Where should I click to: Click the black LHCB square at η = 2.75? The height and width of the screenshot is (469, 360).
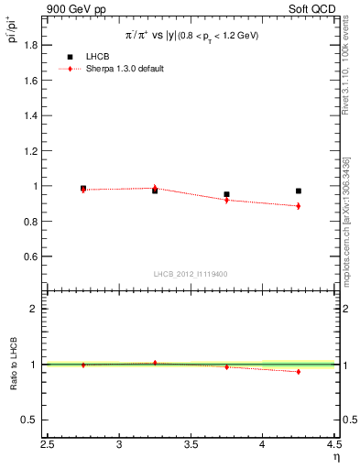(83, 188)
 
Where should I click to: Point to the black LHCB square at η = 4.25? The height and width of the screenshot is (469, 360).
(299, 191)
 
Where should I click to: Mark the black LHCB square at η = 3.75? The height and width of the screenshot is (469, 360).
(227, 194)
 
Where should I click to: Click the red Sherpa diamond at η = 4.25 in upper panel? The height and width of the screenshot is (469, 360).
(299, 206)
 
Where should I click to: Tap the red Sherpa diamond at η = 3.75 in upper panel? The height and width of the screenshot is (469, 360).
(227, 200)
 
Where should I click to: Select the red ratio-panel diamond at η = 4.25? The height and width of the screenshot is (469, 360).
(299, 371)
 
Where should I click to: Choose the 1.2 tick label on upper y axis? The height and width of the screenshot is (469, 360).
(31, 151)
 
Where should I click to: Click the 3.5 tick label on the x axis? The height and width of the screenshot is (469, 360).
(191, 446)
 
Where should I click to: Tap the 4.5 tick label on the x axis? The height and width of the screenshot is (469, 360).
(333, 446)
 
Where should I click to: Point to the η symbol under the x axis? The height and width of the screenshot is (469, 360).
(336, 457)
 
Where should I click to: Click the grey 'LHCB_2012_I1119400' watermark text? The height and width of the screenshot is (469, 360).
(191, 274)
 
